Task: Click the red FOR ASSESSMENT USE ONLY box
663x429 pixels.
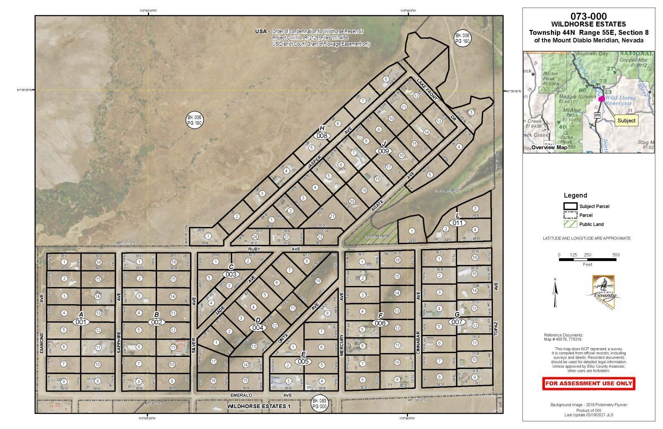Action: (x=588, y=383)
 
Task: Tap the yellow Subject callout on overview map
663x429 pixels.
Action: (x=626, y=121)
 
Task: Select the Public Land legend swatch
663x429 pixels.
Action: (x=570, y=224)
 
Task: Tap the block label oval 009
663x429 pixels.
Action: (x=383, y=151)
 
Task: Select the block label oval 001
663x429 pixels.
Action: (x=81, y=322)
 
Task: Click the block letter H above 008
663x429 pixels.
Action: (x=321, y=128)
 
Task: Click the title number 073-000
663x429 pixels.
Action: (x=588, y=17)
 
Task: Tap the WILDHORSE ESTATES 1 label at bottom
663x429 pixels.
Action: (x=259, y=407)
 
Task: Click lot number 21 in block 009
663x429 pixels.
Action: (x=332, y=216)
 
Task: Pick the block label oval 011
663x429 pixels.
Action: (x=457, y=223)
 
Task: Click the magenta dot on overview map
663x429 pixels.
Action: (x=601, y=99)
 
